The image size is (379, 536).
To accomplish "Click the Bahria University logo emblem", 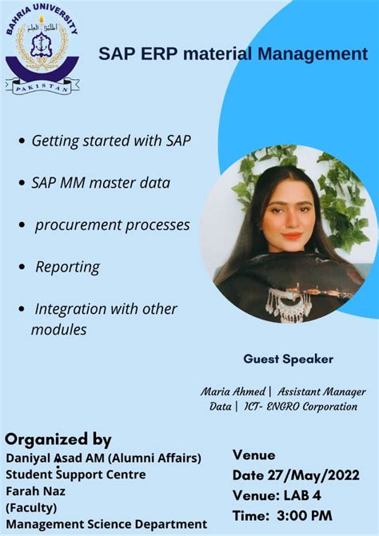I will [x=42, y=49].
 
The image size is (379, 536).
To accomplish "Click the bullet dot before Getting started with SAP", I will [x=21, y=141].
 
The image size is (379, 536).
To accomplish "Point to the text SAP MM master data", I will [x=101, y=182].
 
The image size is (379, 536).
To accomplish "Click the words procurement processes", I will [x=112, y=224].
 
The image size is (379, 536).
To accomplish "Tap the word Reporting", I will [x=67, y=267].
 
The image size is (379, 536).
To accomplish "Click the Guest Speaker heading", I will [x=288, y=359].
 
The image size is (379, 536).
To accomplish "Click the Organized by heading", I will [x=58, y=439].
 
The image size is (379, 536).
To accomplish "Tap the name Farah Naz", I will [x=37, y=490].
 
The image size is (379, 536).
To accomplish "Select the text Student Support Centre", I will [x=76, y=474].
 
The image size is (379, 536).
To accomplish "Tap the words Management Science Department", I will [x=106, y=524].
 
